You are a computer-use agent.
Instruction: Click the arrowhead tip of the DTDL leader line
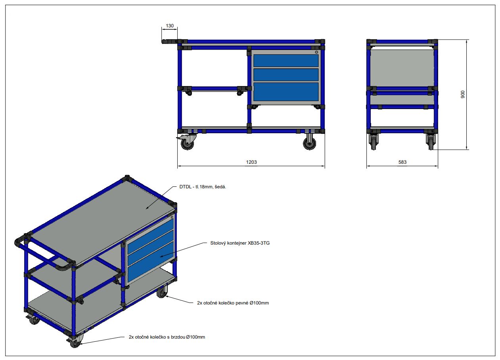[x=146, y=209]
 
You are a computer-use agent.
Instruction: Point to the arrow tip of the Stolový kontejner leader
[x=160, y=257]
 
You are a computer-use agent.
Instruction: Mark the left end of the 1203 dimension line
[x=178, y=166]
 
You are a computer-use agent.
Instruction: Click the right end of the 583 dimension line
[x=438, y=166]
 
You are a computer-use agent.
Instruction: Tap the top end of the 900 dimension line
[x=467, y=40]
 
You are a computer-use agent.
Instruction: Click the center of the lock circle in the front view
[x=316, y=52]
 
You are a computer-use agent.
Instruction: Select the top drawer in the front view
[x=286, y=61]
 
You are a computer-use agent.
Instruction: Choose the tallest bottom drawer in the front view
[x=286, y=92]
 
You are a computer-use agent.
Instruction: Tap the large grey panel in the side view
[x=402, y=68]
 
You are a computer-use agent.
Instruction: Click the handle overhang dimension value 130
[x=170, y=26]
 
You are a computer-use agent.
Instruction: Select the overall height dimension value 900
[x=463, y=94]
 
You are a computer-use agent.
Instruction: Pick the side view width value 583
[x=402, y=162]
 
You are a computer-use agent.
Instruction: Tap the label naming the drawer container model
[x=240, y=243]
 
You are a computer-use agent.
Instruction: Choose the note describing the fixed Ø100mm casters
[x=233, y=303]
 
